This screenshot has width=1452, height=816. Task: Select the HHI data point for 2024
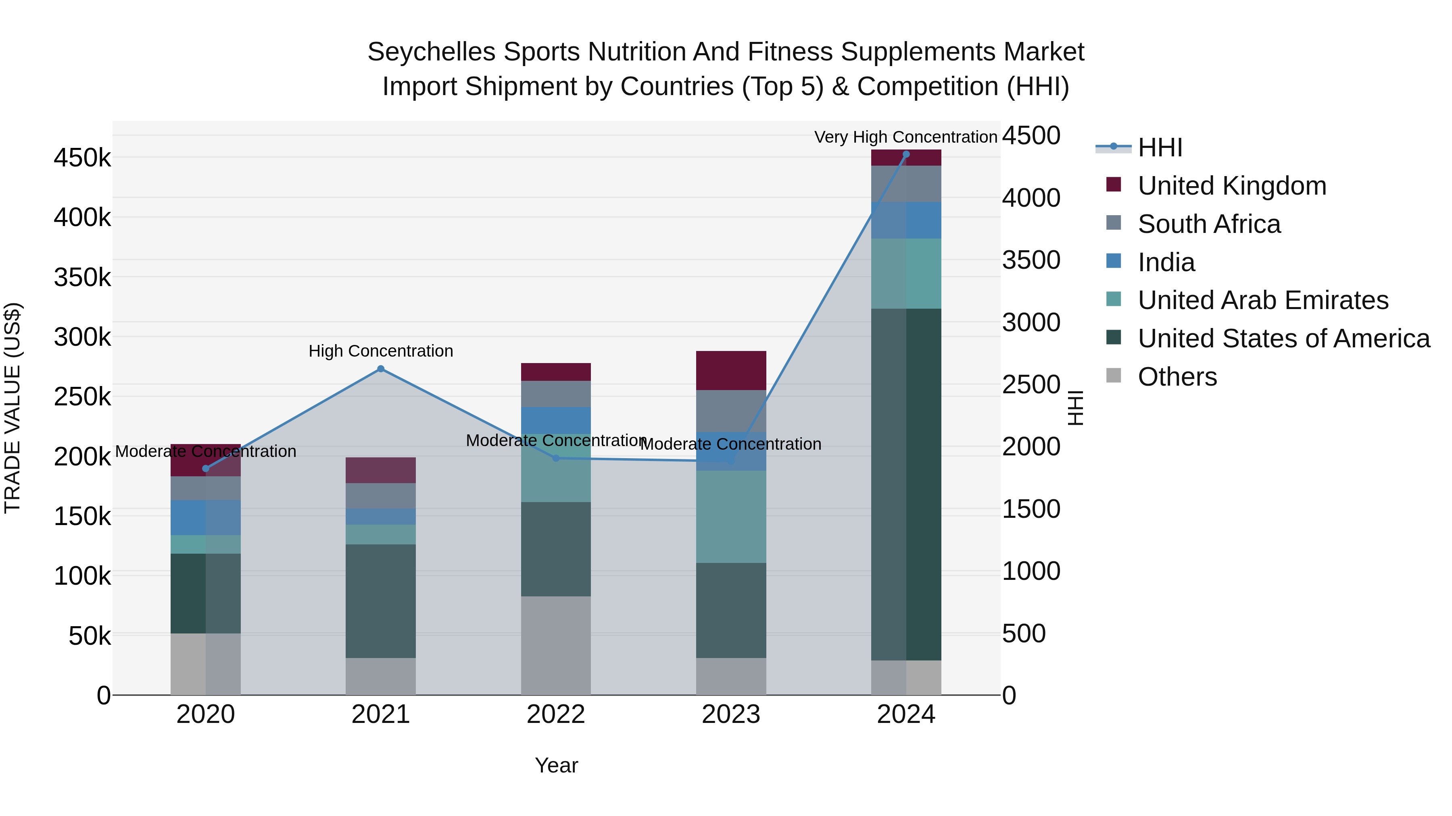pos(906,154)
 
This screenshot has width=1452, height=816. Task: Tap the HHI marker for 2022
pos(556,459)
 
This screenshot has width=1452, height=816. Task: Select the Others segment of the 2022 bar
pos(556,646)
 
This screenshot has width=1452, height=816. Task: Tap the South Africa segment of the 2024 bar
pos(906,184)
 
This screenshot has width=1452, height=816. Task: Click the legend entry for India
pos(1166,262)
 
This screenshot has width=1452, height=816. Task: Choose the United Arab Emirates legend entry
pos(1262,300)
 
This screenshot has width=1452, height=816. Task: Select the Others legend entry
pos(1177,377)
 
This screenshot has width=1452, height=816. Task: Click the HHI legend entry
pos(1160,147)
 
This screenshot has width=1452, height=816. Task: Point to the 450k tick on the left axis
pos(82,158)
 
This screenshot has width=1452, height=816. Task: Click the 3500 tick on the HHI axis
pos(1031,260)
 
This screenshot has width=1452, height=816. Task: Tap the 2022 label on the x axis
pos(556,714)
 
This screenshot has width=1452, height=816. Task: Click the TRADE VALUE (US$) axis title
pos(13,408)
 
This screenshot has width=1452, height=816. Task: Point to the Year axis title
pos(556,765)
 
